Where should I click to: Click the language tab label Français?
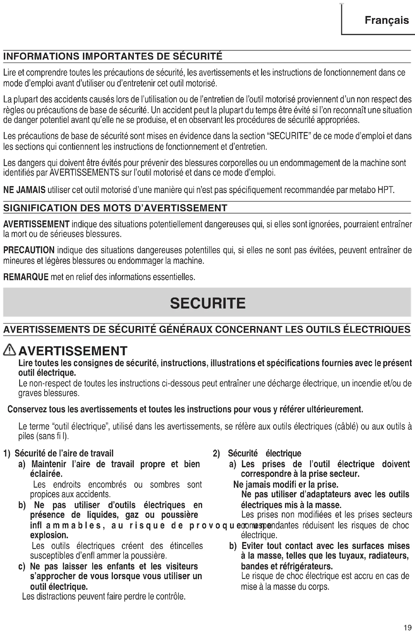coord(386,20)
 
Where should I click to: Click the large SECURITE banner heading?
coord(208,303)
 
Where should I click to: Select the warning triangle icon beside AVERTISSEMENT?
coord(10,351)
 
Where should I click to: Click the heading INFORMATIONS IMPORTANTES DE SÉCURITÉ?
coord(113,56)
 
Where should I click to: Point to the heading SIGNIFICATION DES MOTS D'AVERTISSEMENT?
coord(115,208)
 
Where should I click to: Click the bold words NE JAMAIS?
coord(24,190)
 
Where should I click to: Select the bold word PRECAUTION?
coord(29,250)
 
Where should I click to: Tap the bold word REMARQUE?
coord(26,277)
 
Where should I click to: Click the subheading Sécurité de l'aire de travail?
coord(64,453)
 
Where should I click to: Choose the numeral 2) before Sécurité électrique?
coord(216,454)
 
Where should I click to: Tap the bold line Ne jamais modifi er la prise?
coord(286,484)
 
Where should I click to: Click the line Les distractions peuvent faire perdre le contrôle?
coord(104,597)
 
